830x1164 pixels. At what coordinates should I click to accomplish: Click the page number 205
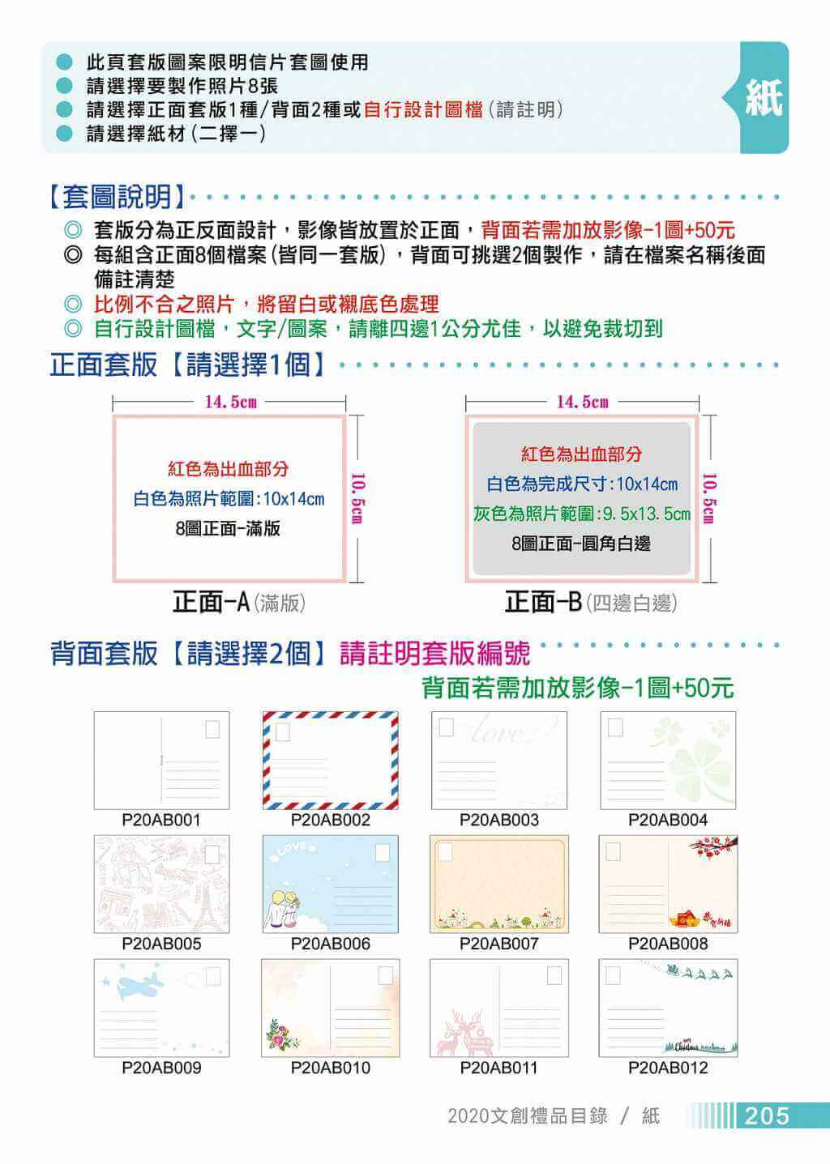point(767,1115)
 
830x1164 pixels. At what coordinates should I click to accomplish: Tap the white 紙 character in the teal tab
point(764,98)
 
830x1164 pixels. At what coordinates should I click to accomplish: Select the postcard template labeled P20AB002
point(330,760)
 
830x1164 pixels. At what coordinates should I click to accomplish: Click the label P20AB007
point(498,944)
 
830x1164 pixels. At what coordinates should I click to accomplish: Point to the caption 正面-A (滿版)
point(238,602)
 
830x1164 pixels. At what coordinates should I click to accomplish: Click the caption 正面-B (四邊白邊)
point(589,602)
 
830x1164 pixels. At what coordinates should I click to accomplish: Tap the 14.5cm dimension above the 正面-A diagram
point(230,402)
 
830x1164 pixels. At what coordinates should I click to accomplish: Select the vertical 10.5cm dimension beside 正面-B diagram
point(708,497)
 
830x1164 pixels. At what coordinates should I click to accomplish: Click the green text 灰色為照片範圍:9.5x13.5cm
point(582,514)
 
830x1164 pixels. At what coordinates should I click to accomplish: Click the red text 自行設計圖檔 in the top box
point(423,109)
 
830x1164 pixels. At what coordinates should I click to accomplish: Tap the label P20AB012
point(668,1068)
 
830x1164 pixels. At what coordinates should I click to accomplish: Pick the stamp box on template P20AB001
point(212,729)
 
